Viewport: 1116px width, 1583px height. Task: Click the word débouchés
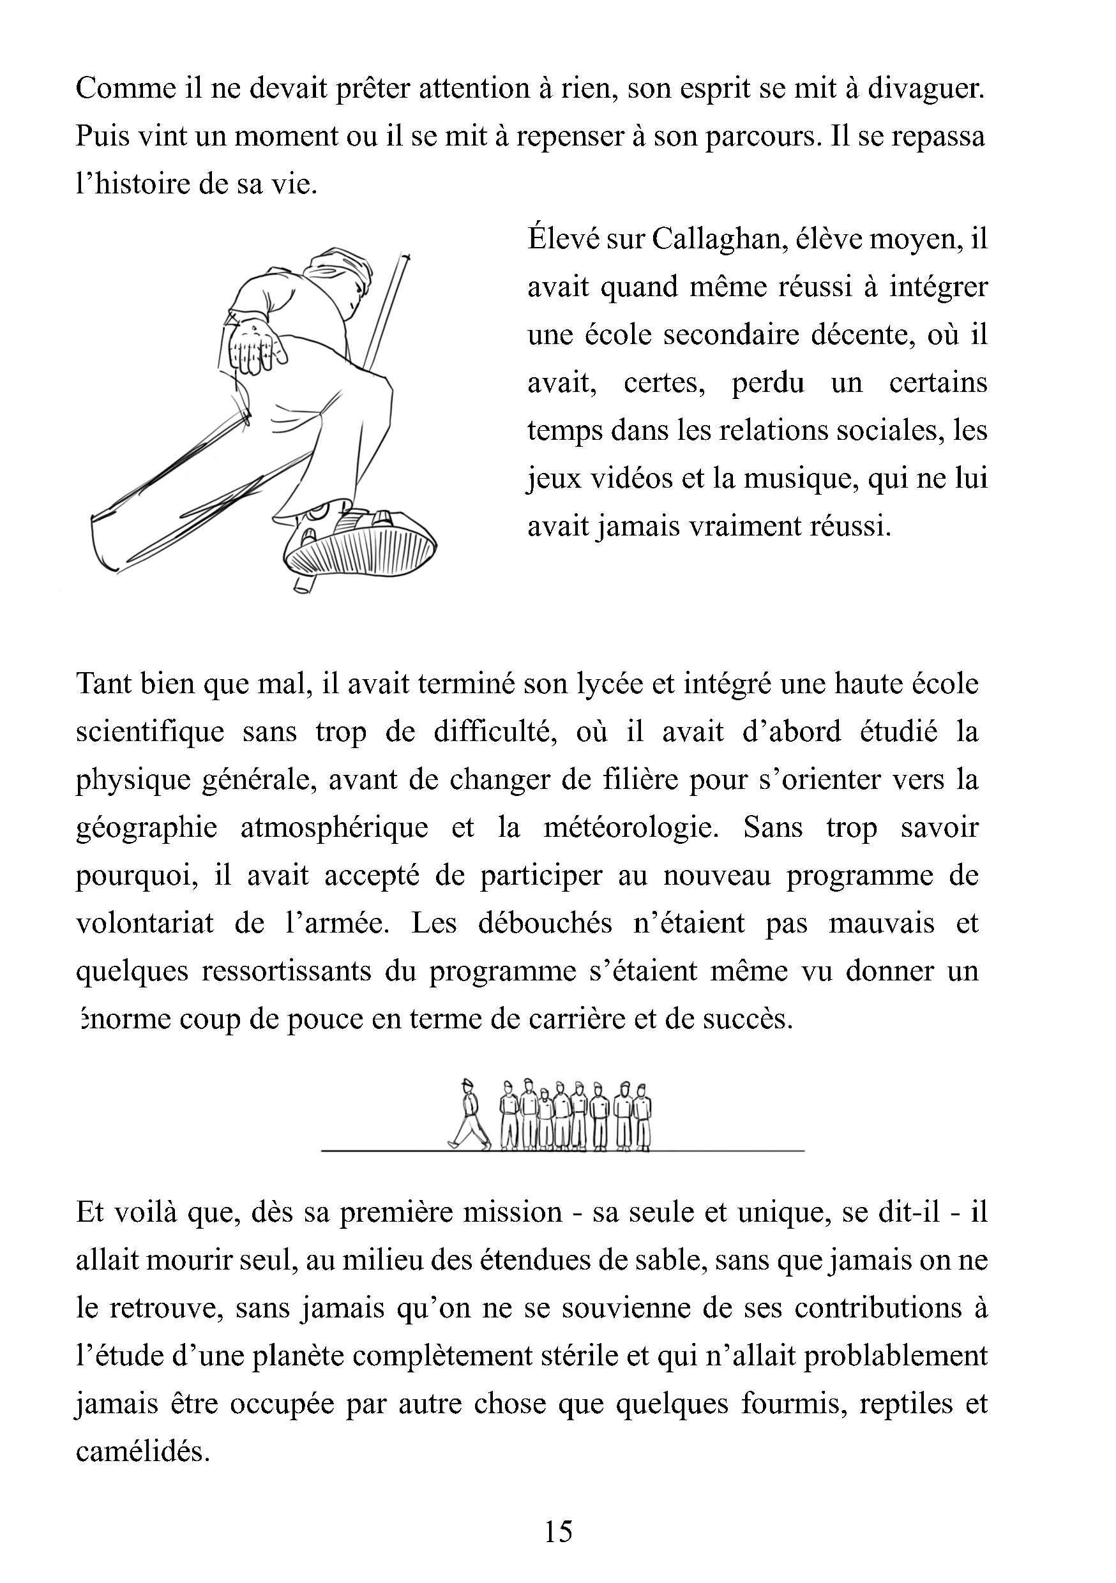click(x=545, y=924)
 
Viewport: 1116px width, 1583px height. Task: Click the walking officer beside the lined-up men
click(x=470, y=1114)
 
